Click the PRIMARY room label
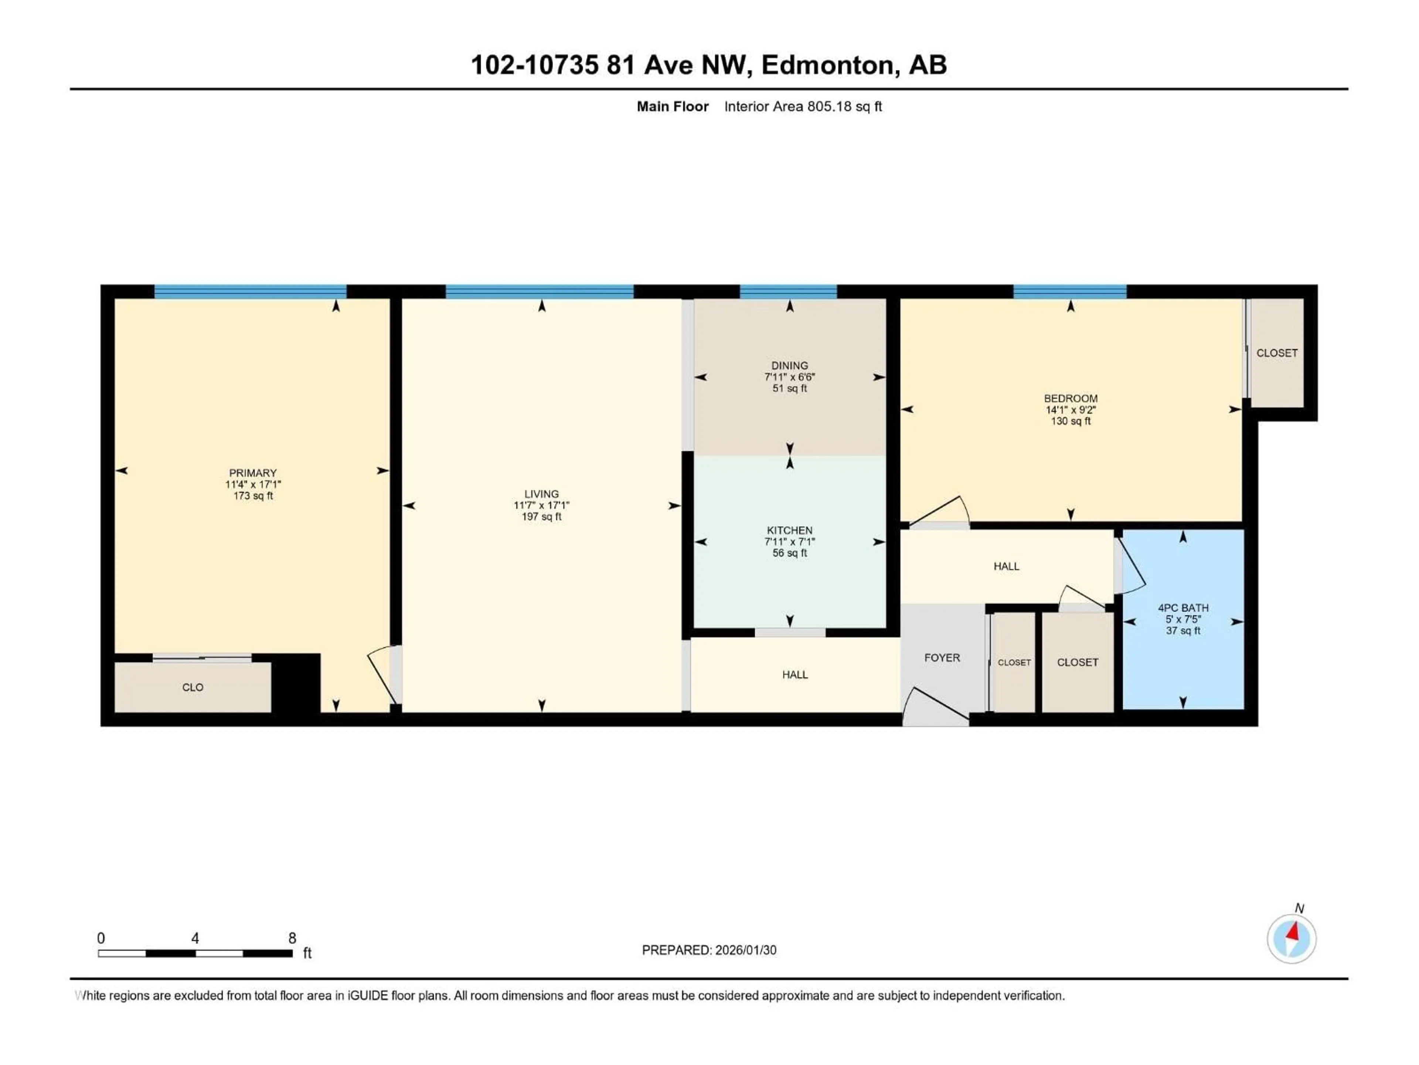253,473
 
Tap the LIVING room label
541,494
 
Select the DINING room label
790,365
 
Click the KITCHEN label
790,530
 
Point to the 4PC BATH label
1183,608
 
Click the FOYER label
942,657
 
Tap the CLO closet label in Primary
193,687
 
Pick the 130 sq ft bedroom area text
1071,421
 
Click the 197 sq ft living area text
541,517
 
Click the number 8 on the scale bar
292,938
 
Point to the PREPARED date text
709,950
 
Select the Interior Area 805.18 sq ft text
803,106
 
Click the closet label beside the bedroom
1277,353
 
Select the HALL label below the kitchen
795,675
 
